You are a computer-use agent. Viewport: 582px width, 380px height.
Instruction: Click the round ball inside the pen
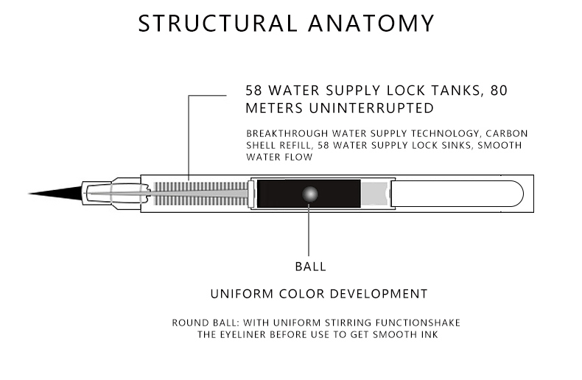[x=309, y=194]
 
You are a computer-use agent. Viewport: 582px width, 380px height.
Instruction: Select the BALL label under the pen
[x=310, y=266]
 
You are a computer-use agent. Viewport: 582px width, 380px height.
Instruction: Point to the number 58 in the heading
[x=255, y=92]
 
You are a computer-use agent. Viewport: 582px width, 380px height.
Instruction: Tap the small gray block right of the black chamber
[x=374, y=194]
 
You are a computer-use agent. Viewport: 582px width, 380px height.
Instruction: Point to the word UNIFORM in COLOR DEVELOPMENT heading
[x=240, y=294]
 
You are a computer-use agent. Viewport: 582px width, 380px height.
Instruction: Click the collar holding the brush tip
[x=99, y=194]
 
